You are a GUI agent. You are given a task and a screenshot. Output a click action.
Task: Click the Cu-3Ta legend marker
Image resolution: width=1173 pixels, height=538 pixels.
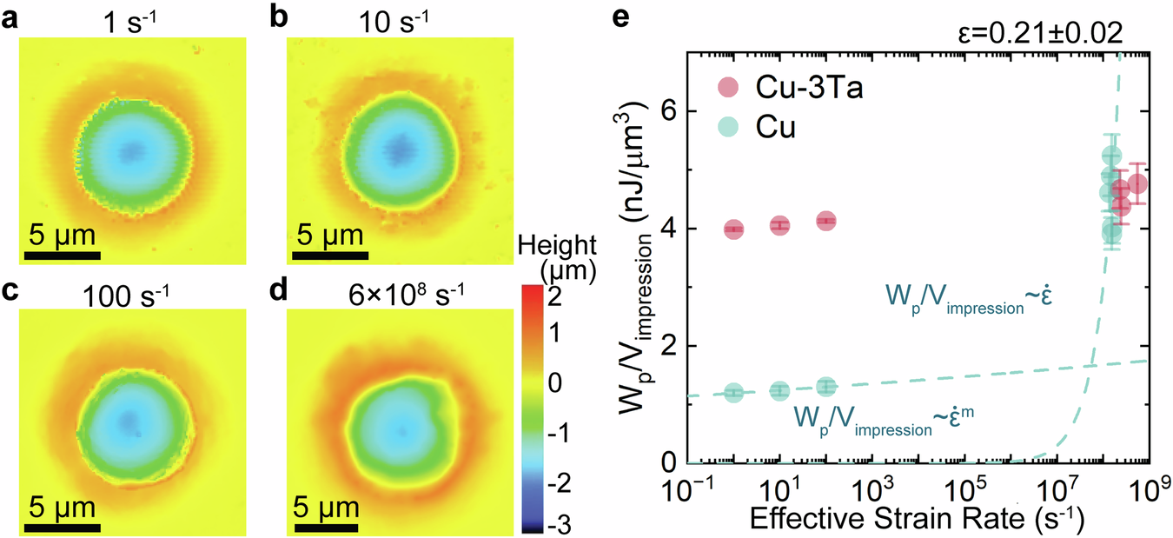click(729, 87)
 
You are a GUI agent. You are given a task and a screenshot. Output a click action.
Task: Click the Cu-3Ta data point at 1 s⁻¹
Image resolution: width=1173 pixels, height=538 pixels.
click(733, 229)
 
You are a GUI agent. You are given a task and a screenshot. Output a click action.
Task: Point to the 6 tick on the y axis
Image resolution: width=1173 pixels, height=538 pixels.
click(670, 111)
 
